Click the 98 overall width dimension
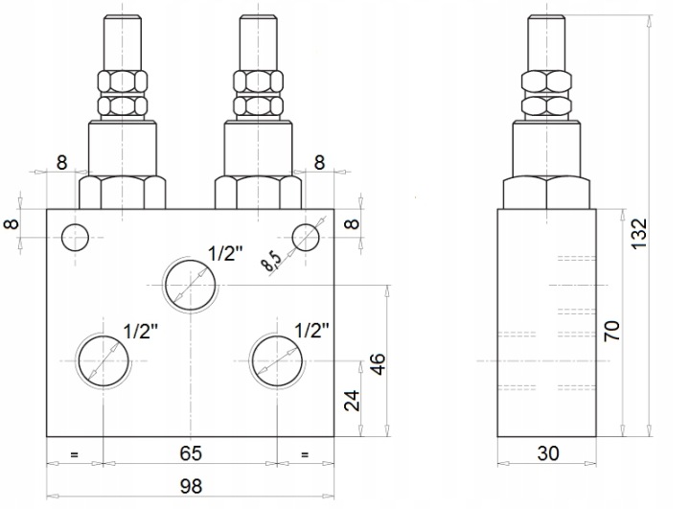pos(191,486)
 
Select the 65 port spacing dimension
pos(191,453)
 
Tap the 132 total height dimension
pos(639,233)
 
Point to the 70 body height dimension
pos(612,331)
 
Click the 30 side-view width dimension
pos(548,453)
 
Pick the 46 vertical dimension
pos(378,363)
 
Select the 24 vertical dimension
pos(352,401)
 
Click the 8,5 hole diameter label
pos(270,263)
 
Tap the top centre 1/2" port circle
pos(191,286)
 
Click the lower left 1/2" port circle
pos(103,360)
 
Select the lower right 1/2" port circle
pos(277,360)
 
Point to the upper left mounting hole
pos(76,238)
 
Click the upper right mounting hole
pos(306,238)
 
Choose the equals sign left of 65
pos(74,454)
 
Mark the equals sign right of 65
pos(305,454)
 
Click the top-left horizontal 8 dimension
pos(62,162)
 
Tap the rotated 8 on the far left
pos(11,223)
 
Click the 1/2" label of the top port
pos(225,254)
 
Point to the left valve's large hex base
pos(123,192)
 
